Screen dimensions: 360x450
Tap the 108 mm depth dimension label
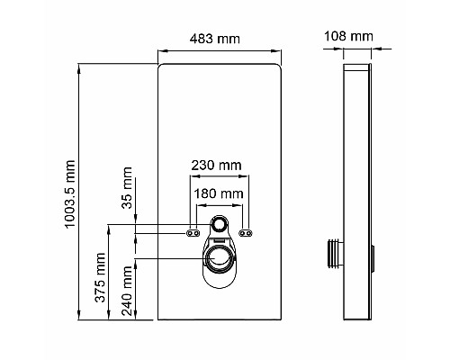point(350,37)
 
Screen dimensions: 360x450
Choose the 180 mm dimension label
point(220,193)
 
